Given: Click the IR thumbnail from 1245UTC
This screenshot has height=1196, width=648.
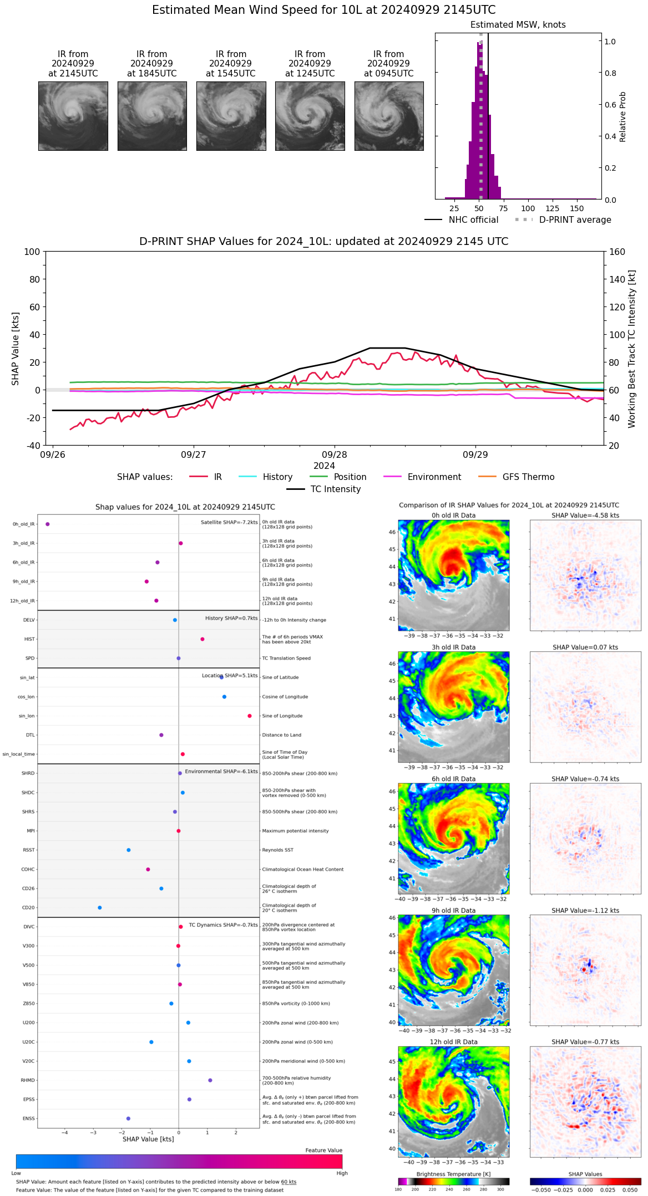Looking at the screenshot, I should tap(310, 116).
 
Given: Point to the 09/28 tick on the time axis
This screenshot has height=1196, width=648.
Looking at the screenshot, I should tap(334, 454).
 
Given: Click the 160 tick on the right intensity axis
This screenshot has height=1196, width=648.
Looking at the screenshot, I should tap(617, 252).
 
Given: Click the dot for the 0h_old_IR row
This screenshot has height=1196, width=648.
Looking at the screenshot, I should tap(48, 524).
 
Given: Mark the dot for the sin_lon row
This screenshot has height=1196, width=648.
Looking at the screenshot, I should tap(250, 716).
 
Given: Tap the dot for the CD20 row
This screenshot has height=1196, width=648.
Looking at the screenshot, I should tap(100, 908).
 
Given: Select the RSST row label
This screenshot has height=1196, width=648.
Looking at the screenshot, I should tap(28, 850).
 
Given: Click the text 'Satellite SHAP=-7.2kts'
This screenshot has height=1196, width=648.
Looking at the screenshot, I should tap(229, 523).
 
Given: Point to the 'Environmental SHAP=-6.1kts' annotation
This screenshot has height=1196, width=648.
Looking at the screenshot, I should tap(221, 771).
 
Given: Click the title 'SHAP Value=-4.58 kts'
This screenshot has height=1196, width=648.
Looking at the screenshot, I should tap(585, 515).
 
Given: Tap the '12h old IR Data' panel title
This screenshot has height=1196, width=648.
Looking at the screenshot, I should tap(453, 1042).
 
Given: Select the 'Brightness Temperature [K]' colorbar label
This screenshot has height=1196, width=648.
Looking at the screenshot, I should tap(453, 1174).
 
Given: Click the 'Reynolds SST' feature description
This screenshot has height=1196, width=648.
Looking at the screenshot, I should tap(277, 850).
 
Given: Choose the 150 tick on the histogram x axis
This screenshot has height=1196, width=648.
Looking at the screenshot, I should tap(577, 208).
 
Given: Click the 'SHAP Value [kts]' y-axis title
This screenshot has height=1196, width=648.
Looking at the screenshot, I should tap(16, 349).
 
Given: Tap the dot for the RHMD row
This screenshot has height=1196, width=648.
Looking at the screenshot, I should tap(210, 1080).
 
